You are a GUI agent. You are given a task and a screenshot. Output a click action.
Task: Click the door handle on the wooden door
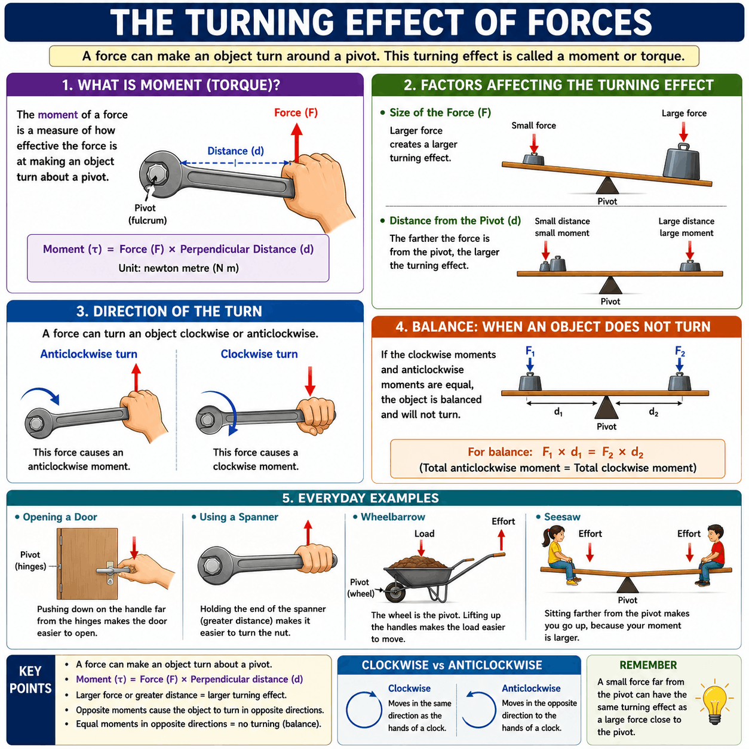pyautogui.click(x=110, y=570)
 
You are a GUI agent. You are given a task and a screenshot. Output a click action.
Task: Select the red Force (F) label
pyautogui.click(x=296, y=113)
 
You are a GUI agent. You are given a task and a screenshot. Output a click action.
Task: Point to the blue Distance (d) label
pyautogui.click(x=235, y=151)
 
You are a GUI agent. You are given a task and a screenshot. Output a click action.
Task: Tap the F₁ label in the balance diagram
pyautogui.click(x=530, y=351)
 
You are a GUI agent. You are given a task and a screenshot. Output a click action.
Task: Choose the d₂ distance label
pyautogui.click(x=653, y=412)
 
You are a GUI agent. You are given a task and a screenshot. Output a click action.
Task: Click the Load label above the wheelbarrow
pyautogui.click(x=424, y=533)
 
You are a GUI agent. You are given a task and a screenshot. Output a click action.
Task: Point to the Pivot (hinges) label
pyautogui.click(x=30, y=560)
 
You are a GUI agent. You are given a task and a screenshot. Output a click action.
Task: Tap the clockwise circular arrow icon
pyautogui.click(x=363, y=710)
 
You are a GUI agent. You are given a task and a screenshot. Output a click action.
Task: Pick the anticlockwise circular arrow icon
pyautogui.click(x=479, y=710)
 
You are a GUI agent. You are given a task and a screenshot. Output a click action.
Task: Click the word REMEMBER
pyautogui.click(x=648, y=665)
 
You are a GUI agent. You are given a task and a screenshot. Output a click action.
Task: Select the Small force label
pyautogui.click(x=533, y=125)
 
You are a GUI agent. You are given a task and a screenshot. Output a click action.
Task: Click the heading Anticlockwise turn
pyautogui.click(x=88, y=354)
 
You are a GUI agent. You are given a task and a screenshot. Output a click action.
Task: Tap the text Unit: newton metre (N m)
pyautogui.click(x=179, y=268)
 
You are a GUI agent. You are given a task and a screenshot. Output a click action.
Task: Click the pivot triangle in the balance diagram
pyautogui.click(x=606, y=407)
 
